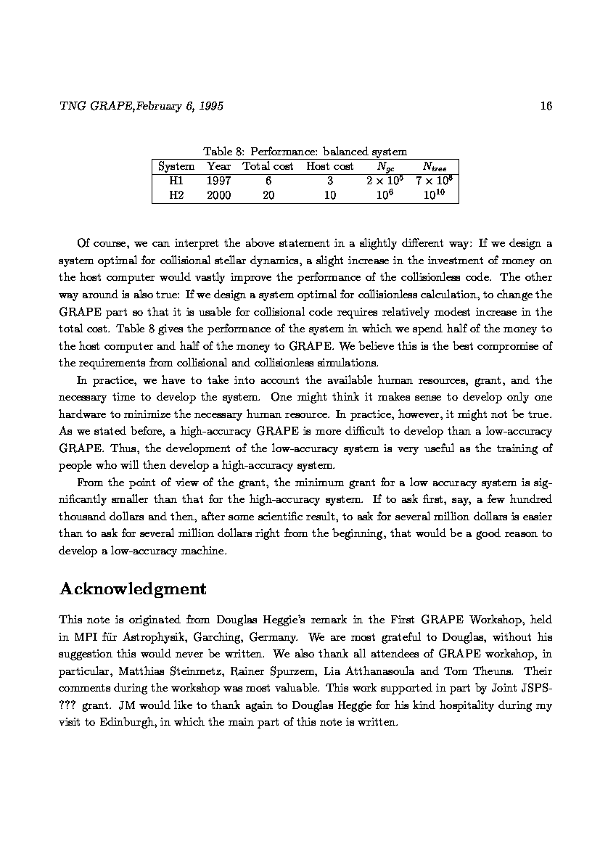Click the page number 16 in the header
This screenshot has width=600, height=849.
(546, 106)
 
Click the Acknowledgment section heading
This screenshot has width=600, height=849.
(133, 588)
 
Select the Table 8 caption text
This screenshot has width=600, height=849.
(305, 152)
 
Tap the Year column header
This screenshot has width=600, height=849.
(218, 166)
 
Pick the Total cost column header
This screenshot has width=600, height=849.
(268, 166)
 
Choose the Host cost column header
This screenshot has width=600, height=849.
(330, 166)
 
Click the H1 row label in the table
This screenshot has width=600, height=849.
(176, 181)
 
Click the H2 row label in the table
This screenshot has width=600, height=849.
(176, 195)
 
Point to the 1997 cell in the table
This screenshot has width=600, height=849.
(218, 181)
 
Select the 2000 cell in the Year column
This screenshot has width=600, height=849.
(218, 195)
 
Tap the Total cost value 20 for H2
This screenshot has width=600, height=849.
(268, 195)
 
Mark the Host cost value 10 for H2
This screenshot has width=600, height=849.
(330, 195)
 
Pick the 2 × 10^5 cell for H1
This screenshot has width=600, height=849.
(385, 180)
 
